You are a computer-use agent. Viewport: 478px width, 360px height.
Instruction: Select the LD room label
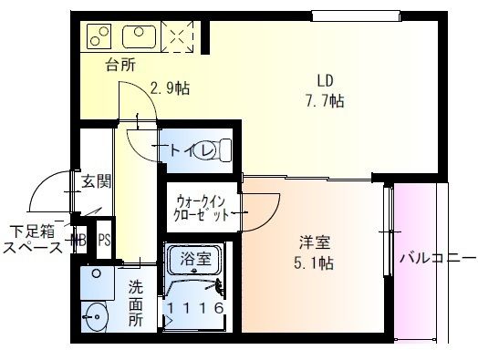(x=324, y=79)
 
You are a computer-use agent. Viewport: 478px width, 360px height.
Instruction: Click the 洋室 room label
(x=314, y=243)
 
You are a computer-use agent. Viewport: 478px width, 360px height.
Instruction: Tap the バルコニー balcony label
(x=435, y=256)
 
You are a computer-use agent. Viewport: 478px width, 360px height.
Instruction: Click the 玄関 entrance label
(x=96, y=180)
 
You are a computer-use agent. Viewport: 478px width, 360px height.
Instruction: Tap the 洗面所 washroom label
(x=135, y=301)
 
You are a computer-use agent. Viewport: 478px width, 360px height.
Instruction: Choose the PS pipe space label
(x=105, y=242)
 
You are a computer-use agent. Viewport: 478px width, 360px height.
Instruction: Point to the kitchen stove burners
(x=97, y=37)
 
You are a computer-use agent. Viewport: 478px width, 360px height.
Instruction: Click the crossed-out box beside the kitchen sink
(x=177, y=37)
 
